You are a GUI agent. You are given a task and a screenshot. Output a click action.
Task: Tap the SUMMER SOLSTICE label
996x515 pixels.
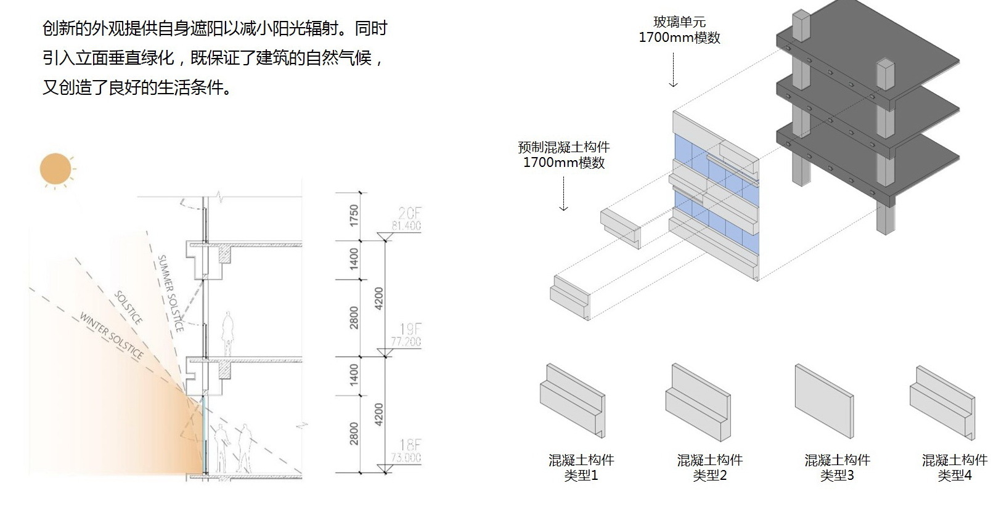tap(169, 293)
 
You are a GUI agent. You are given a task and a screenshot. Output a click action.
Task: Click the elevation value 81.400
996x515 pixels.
tap(406, 226)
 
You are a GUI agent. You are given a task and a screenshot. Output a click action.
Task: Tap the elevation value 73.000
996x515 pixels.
tap(406, 458)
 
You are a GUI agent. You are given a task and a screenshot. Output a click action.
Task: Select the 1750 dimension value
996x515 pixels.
tap(354, 215)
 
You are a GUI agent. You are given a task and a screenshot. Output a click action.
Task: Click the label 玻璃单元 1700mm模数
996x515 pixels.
tap(679, 30)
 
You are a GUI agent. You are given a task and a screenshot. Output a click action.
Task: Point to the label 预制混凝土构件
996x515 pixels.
tap(563, 147)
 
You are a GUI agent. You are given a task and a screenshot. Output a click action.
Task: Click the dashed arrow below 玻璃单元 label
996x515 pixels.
tap(674, 69)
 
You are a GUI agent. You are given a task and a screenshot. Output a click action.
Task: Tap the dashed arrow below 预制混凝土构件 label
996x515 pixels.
tap(563, 193)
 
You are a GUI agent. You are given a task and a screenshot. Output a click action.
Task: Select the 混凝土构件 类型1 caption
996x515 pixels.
tap(581, 468)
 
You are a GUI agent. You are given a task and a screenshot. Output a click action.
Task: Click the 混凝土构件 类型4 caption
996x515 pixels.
tap(954, 468)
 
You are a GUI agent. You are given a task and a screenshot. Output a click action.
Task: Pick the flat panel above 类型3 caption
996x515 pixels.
tap(824, 401)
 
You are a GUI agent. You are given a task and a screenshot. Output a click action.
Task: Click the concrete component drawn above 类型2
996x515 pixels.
tap(698, 401)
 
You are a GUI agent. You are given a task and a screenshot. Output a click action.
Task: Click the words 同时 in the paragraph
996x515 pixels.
tap(371, 29)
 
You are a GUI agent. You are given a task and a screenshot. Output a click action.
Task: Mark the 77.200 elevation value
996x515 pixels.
tap(406, 342)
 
